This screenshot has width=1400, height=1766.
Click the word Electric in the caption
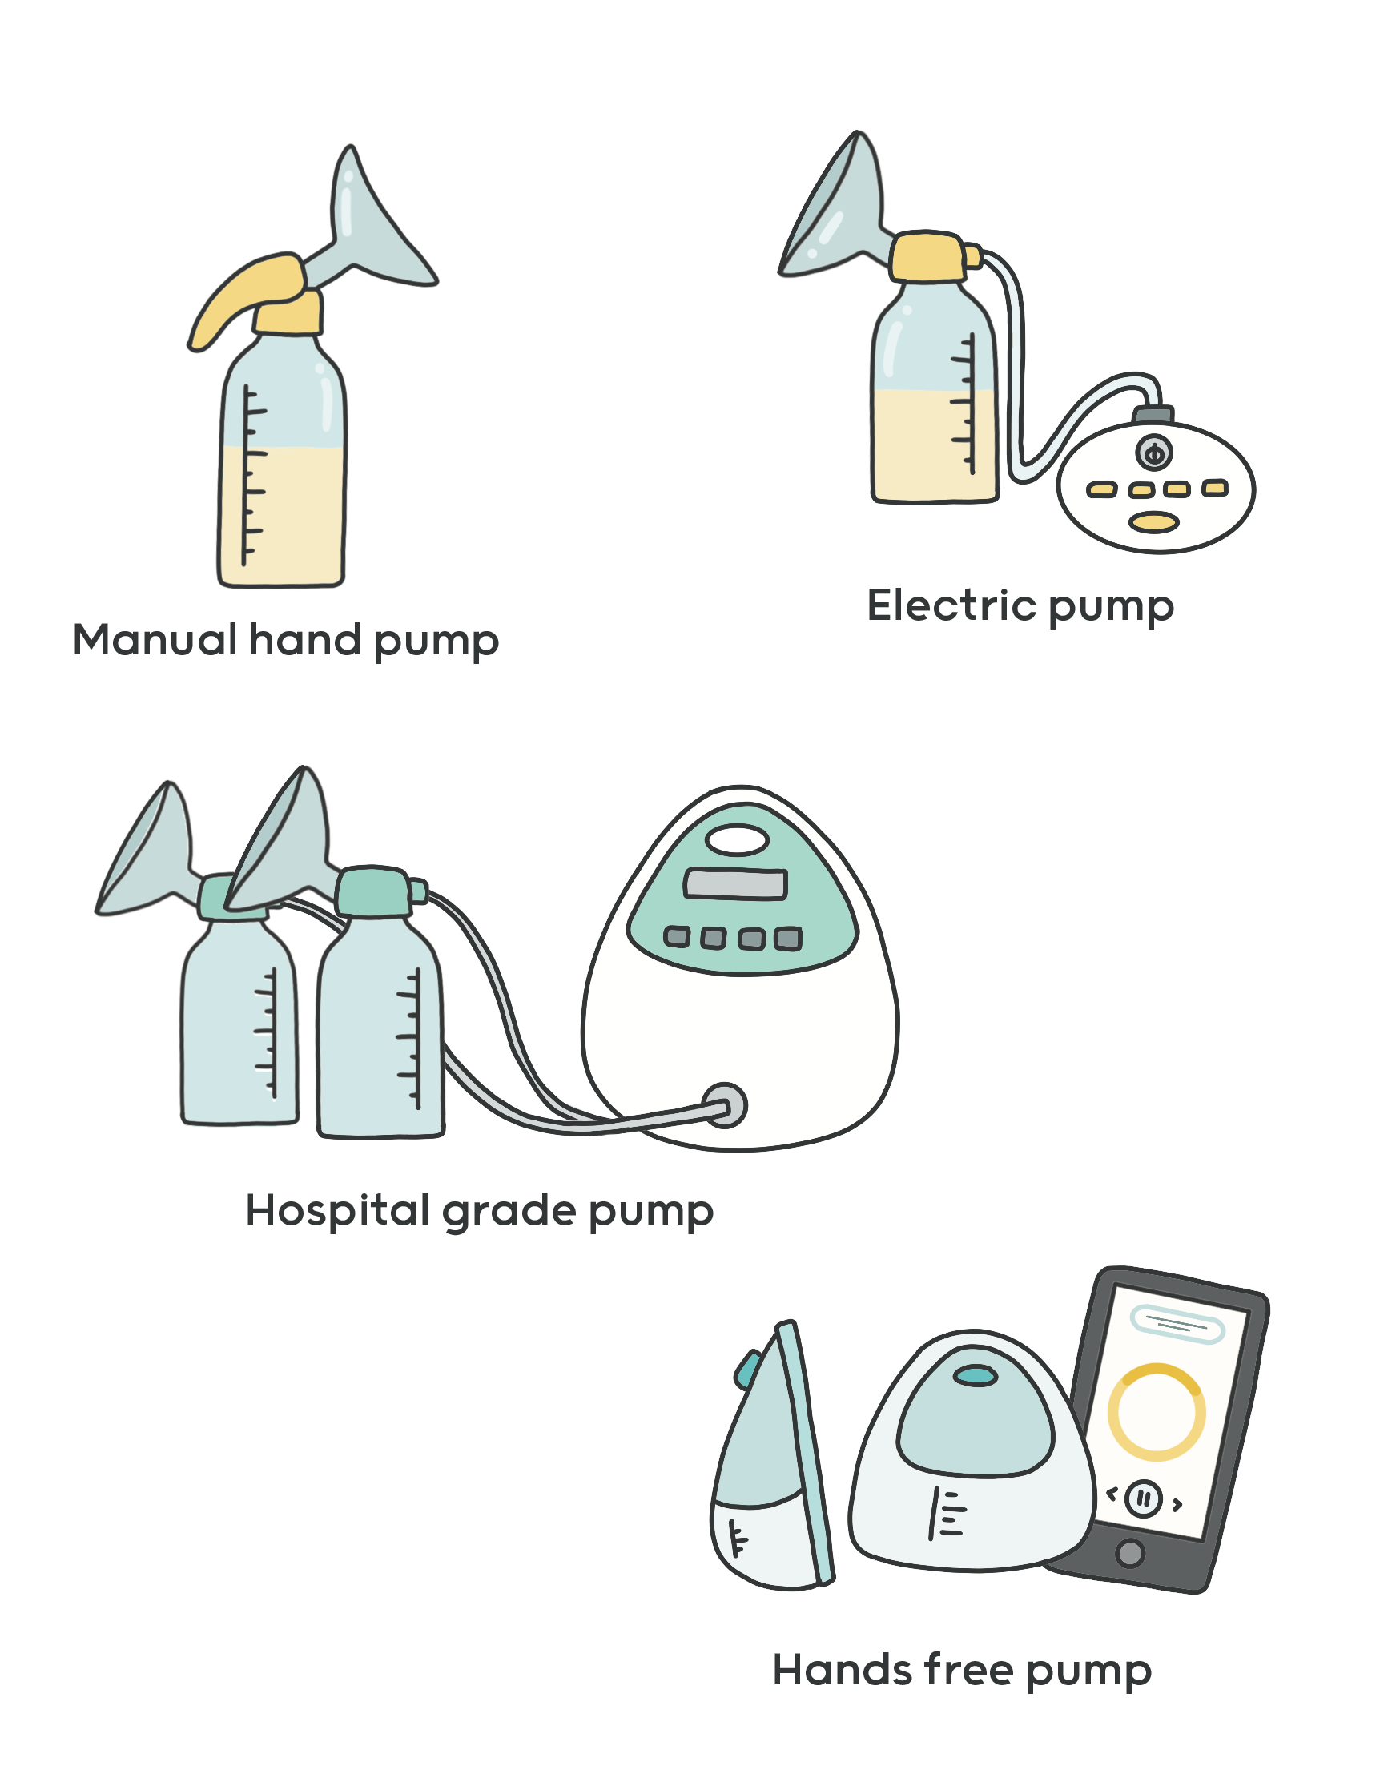[x=952, y=606]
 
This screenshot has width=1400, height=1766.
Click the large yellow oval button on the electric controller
[x=1154, y=521]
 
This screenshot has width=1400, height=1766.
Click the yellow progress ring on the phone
[x=1156, y=1412]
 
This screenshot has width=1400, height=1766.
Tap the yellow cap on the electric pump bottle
[x=927, y=256]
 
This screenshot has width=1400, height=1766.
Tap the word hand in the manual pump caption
[x=304, y=640]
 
